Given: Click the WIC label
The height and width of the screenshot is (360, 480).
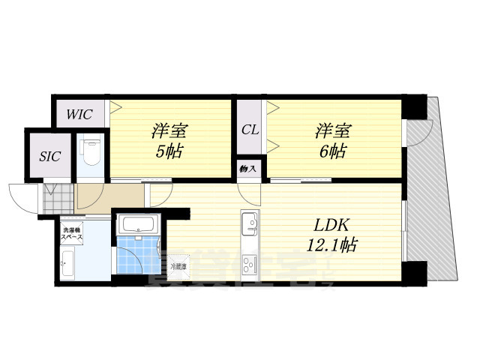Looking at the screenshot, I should [79, 115].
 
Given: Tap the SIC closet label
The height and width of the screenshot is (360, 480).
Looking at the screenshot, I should [50, 157].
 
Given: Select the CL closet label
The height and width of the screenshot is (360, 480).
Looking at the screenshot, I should [250, 129].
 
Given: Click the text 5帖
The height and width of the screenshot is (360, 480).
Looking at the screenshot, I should [169, 150].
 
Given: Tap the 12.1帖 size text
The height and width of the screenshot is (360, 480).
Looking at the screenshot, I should [330, 245].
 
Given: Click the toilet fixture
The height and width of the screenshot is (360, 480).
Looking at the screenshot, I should [90, 151].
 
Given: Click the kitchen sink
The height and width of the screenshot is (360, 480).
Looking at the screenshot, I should [250, 222].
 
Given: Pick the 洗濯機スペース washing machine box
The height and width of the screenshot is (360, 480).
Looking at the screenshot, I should [73, 232].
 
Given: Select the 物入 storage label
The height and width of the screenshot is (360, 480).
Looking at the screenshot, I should [248, 169].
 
